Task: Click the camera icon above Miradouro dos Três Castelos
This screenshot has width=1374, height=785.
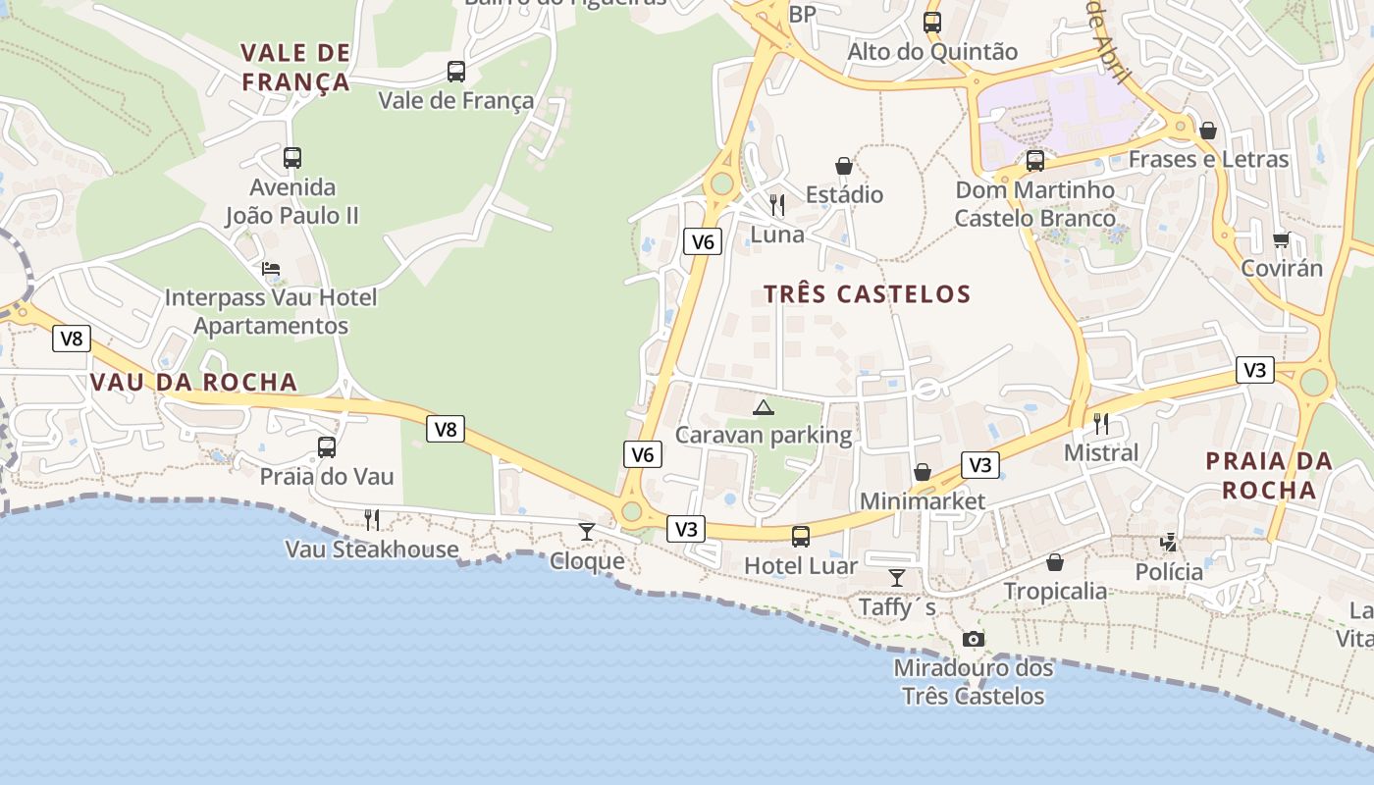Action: [x=973, y=640]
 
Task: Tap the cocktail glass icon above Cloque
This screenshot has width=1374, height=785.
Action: [x=587, y=532]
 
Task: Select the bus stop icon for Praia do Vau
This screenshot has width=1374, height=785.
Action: [x=327, y=447]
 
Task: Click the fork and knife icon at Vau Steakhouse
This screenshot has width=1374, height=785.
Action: [x=372, y=520]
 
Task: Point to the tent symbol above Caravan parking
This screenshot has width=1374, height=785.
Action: [x=764, y=406]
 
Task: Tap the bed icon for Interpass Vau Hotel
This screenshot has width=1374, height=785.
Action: [x=271, y=268]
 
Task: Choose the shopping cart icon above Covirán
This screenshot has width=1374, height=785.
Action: [x=1282, y=239]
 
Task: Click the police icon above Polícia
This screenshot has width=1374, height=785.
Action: [x=1169, y=542]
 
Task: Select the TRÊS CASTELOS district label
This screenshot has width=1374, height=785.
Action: [x=867, y=293]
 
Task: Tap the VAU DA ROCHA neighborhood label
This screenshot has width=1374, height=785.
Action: [x=193, y=382]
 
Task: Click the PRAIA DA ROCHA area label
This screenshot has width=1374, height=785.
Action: [x=1268, y=475]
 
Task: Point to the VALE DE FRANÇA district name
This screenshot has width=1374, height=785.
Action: [x=295, y=67]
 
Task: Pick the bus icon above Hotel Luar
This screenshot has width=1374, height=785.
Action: [x=801, y=536]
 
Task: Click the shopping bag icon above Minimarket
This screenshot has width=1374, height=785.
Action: [x=923, y=473]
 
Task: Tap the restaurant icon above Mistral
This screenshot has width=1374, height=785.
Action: [x=1101, y=424]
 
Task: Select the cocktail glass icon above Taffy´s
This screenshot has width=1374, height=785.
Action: [x=896, y=578]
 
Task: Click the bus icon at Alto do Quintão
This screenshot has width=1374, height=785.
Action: [x=931, y=22]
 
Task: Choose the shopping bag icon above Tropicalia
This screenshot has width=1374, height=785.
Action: [x=1055, y=562]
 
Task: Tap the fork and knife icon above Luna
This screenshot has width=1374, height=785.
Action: [x=777, y=205]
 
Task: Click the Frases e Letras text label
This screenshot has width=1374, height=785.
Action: [x=1208, y=159]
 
